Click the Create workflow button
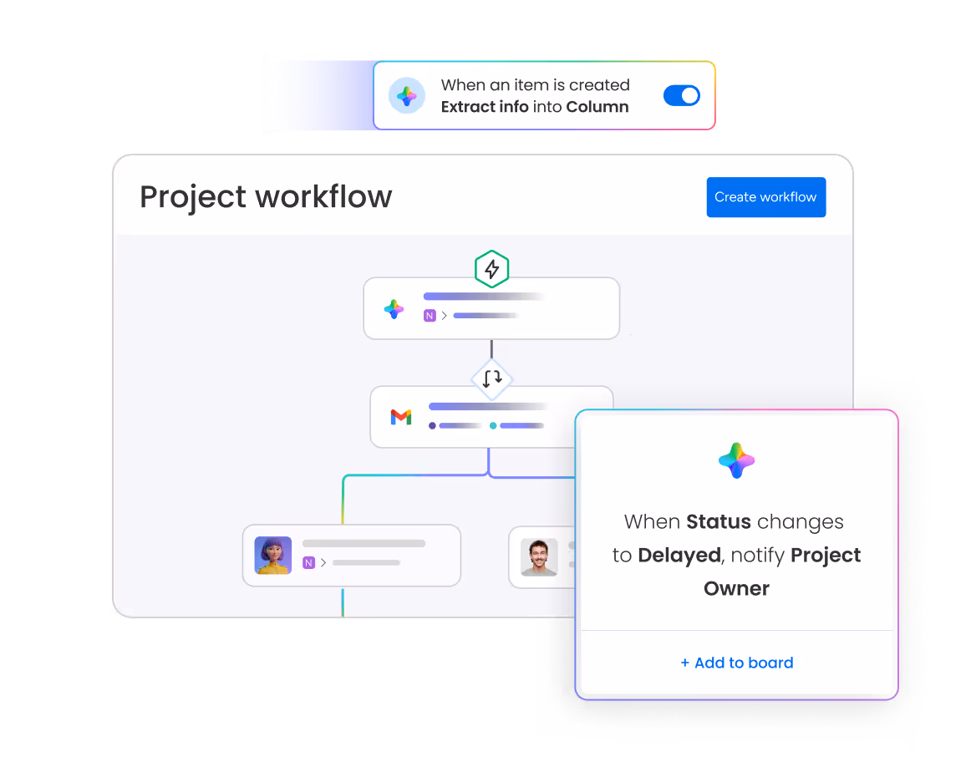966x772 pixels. pos(765,197)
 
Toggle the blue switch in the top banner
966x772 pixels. pos(682,95)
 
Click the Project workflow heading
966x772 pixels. pos(266,197)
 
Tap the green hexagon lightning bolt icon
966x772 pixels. pos(492,269)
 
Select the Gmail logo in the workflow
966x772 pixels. pos(401,417)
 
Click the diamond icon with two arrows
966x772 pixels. pos(492,379)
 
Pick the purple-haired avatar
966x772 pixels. pos(273,556)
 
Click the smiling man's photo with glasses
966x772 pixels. pos(539,556)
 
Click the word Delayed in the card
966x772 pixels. pos(679,556)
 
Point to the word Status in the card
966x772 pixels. pos(719,522)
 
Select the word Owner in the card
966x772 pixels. pos(736,588)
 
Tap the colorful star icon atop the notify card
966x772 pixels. pos(736,460)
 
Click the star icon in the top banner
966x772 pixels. pos(407,96)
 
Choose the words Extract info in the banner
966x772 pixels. pos(485,107)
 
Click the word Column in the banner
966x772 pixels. pos(597,107)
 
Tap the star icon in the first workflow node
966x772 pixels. pos(394,309)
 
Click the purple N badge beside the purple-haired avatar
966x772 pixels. pos(308,563)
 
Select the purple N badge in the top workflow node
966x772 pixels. pos(430,316)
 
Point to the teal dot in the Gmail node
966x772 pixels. pos(493,426)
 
